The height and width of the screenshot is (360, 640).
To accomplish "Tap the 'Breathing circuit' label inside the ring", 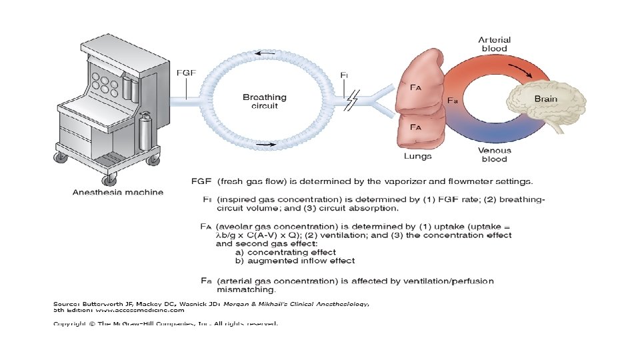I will click(x=265, y=101).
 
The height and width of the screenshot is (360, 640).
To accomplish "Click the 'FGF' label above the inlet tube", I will click(x=185, y=73).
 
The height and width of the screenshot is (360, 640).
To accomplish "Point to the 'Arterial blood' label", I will click(x=495, y=44).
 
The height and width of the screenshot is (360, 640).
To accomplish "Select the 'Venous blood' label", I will click(x=495, y=155).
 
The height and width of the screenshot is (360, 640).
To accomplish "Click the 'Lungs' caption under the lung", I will click(x=418, y=156).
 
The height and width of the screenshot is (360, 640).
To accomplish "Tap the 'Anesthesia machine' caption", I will click(x=117, y=193).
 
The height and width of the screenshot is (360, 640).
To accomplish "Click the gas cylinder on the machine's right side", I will click(x=145, y=131).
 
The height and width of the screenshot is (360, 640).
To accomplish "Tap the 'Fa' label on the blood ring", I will click(x=452, y=101).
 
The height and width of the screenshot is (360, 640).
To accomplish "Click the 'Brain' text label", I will click(x=546, y=99).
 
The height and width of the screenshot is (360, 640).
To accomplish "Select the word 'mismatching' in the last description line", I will click(x=246, y=290).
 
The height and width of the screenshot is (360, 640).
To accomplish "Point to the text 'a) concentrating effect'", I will click(x=285, y=252).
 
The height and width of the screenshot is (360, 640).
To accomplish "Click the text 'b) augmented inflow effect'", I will click(x=295, y=261).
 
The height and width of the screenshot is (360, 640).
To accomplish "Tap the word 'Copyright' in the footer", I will click(x=70, y=323).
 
